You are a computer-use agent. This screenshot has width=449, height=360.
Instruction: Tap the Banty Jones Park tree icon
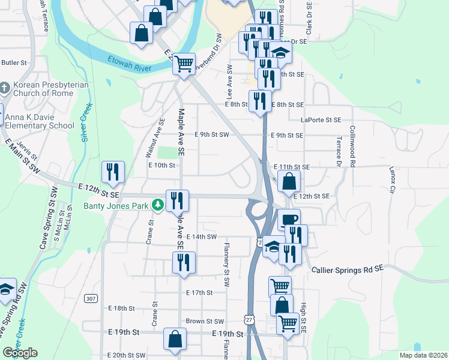(x=157, y=206)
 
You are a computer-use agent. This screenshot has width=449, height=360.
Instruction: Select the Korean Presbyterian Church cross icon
(x=4, y=89)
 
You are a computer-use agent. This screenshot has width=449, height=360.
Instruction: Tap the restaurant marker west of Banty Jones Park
(x=113, y=172)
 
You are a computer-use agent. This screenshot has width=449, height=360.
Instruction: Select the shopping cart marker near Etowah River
(x=184, y=63)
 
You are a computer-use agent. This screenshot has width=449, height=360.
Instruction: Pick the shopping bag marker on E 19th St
(x=174, y=338)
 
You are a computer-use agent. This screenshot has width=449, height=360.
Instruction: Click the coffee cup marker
(x=288, y=220)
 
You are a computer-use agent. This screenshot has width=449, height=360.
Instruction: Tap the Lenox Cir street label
(x=393, y=179)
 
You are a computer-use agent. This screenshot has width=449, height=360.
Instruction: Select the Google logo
(x=20, y=353)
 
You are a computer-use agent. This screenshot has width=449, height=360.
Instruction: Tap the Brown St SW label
(x=204, y=322)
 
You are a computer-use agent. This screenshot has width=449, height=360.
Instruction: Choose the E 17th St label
(x=199, y=293)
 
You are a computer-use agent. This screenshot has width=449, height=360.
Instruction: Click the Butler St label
(x=14, y=62)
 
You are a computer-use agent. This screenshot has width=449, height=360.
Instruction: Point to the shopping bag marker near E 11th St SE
(x=289, y=181)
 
